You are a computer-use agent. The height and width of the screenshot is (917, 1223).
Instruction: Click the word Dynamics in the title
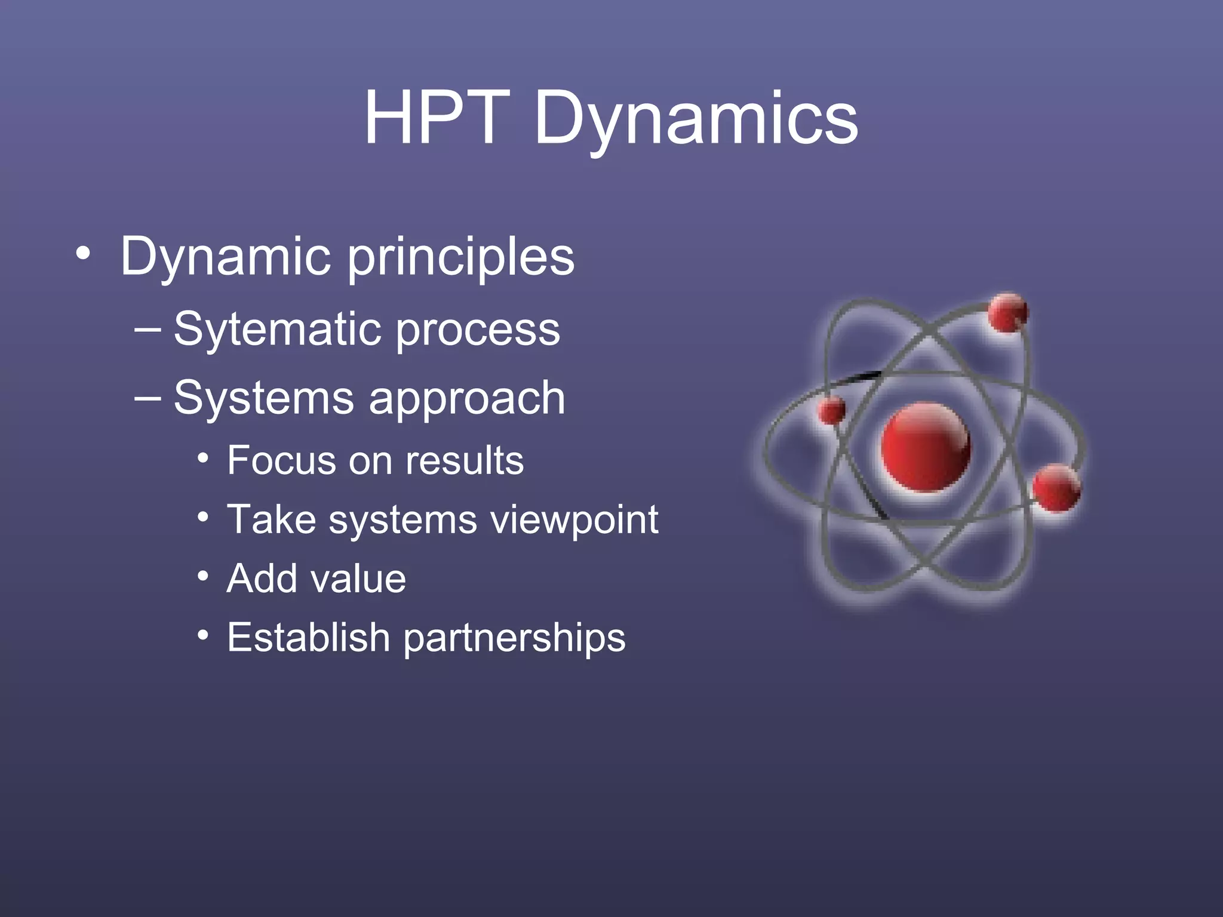click(x=696, y=119)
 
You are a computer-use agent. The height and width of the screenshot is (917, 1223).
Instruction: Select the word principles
click(x=460, y=258)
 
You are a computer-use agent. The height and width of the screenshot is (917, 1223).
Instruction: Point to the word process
click(x=478, y=331)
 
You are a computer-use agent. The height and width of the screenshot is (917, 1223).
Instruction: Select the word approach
click(x=466, y=400)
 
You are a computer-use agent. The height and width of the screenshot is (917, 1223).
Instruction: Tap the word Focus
click(x=280, y=460)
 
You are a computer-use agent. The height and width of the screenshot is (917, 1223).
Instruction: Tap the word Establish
click(x=308, y=637)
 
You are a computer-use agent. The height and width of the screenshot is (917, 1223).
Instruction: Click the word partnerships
click(x=514, y=639)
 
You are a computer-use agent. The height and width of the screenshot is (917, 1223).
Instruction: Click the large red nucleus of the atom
click(x=926, y=446)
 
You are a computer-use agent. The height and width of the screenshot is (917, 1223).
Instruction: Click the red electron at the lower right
click(x=1056, y=488)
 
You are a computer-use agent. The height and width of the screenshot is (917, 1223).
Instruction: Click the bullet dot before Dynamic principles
click(x=84, y=255)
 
